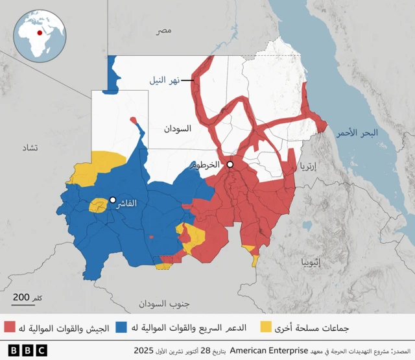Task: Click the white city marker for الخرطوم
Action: pos(230,165)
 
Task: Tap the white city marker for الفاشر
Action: pos(113,200)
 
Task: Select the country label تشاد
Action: pos(30,148)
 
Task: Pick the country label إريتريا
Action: pos(309,167)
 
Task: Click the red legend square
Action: pos(10,326)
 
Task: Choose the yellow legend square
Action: pos(266,326)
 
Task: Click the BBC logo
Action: pos(27,350)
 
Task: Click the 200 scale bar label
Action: pos(21,296)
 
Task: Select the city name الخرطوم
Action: pos(206,165)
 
